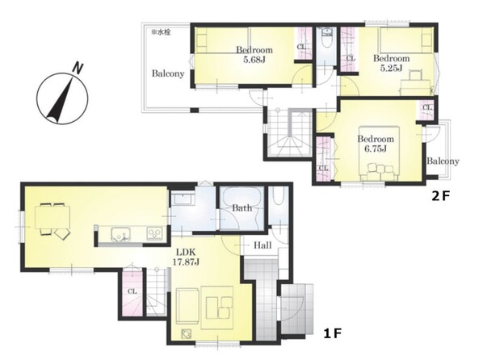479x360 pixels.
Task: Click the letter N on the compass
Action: [78, 68]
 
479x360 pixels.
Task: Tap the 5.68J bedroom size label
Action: [254, 59]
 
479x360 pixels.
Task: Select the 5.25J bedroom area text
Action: [391, 68]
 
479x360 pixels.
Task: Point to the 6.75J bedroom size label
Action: [376, 149]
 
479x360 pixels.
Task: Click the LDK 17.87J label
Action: [187, 257]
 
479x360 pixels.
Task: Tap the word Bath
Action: [242, 208]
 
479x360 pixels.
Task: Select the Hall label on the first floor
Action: [263, 245]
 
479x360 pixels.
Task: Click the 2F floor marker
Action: [440, 195]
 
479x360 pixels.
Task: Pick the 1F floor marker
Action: [332, 333]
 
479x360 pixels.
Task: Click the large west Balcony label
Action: [168, 73]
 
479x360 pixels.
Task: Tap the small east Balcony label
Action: [443, 161]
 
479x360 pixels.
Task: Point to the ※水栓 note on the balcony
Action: [161, 32]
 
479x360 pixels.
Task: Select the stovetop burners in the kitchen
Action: [155, 233]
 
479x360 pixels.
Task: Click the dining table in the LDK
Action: [53, 217]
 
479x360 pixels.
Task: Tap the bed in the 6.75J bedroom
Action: [380, 153]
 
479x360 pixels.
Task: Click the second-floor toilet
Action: [326, 40]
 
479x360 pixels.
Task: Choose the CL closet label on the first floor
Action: [132, 291]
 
